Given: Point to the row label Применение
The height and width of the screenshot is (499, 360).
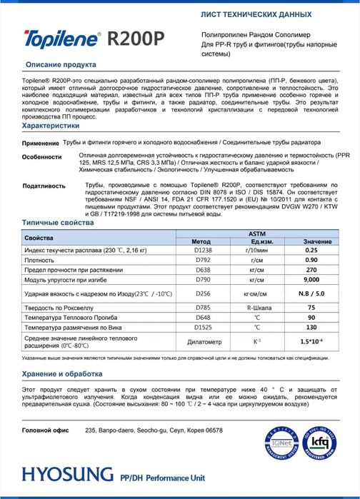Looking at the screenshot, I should [x=41, y=144].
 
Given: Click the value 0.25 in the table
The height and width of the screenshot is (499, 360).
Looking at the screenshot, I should [x=311, y=251].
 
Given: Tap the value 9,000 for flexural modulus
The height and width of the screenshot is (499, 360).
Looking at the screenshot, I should [x=311, y=281].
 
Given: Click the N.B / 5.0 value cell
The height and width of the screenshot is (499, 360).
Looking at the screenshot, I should [x=311, y=293].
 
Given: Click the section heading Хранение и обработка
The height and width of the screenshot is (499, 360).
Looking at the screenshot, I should [x=69, y=373].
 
